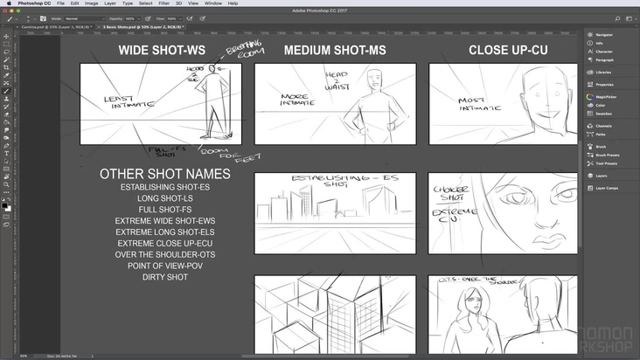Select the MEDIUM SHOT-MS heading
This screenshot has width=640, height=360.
point(336,50)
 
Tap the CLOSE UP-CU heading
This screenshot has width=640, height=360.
point(507,50)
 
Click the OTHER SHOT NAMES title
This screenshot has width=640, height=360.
point(165,174)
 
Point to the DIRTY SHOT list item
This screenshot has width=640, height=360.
point(165,277)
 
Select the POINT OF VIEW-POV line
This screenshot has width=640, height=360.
point(165,266)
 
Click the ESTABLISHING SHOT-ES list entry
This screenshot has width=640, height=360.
point(165,187)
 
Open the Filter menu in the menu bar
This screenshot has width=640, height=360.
point(163,3)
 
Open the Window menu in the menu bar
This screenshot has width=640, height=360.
point(212,3)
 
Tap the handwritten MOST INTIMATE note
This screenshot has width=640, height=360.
point(477,104)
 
